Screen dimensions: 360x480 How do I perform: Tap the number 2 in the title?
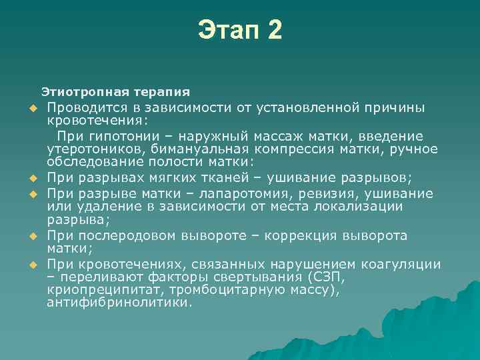click(275, 30)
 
